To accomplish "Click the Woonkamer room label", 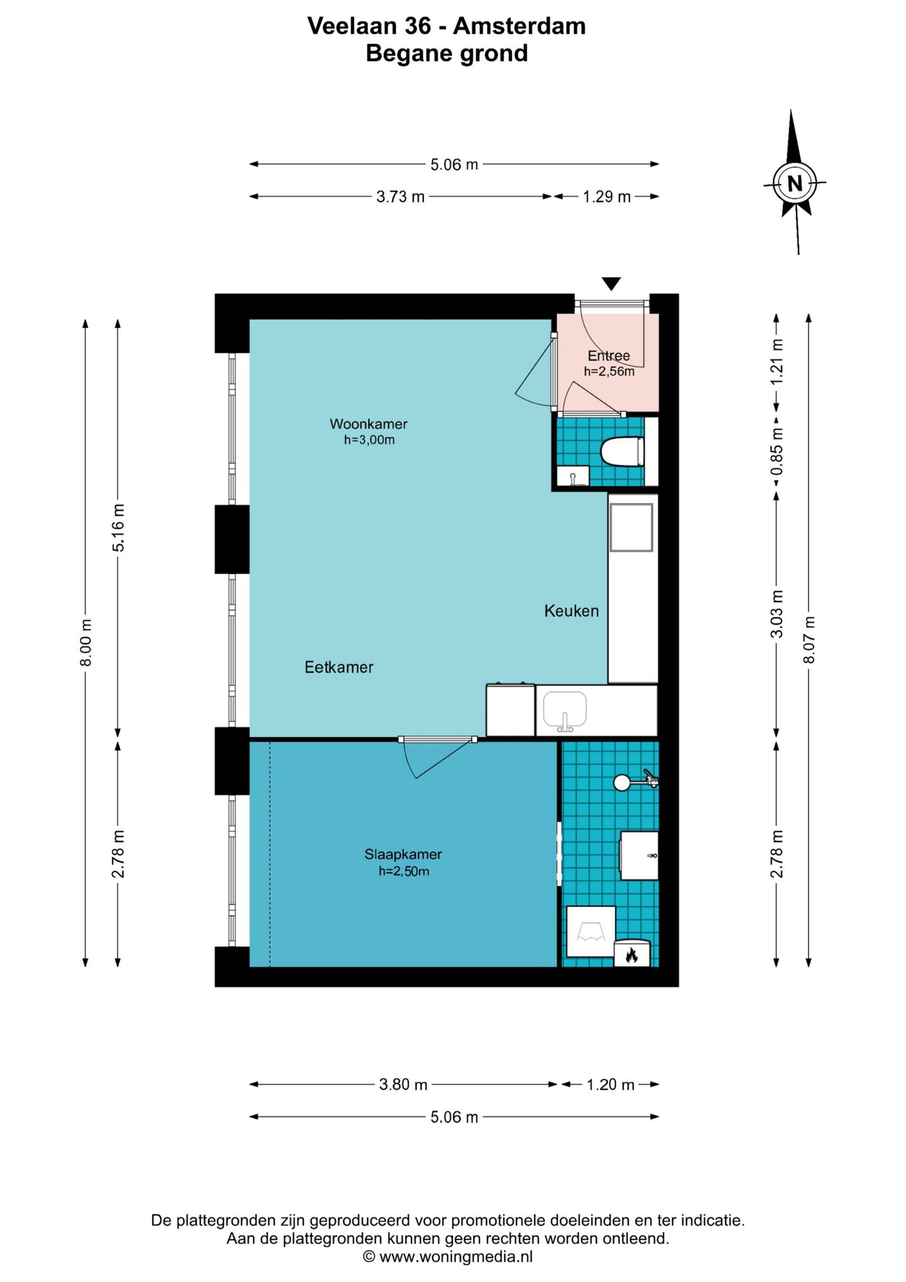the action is tap(369, 424).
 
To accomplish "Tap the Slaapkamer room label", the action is tap(403, 854).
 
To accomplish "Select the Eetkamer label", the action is tap(339, 667).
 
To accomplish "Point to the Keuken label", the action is tap(571, 611).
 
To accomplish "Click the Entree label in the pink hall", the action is tap(608, 356).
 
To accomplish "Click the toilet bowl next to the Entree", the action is tap(622, 451).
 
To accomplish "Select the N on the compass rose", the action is tap(795, 184).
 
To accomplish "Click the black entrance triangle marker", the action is tap(611, 283).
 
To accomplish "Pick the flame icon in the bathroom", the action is tap(632, 956).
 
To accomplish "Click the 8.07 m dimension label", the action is tap(809, 640).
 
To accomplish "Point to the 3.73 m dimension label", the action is tap(400, 197).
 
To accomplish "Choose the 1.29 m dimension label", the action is tap(607, 197).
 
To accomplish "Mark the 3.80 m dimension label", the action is tap(403, 1084).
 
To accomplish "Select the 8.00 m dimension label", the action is tap(86, 642).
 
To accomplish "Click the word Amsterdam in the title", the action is tap(520, 26).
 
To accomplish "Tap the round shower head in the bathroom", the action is tap(622, 782).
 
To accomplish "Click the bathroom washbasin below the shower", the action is tap(639, 855).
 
